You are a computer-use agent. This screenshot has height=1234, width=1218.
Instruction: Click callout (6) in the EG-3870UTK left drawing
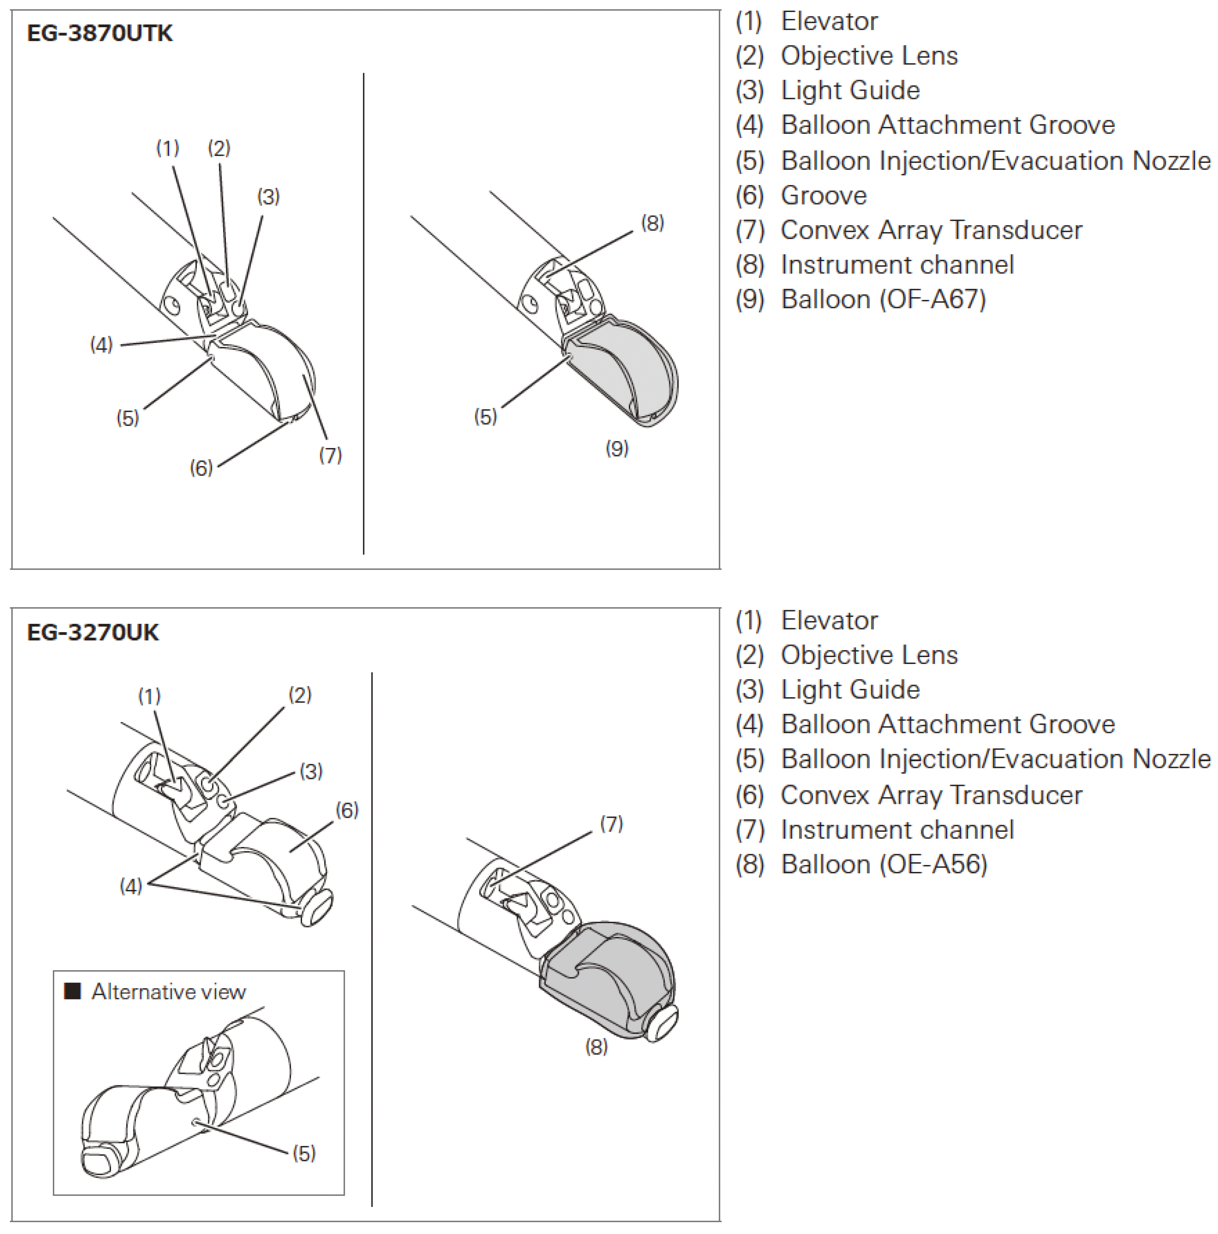point(201,468)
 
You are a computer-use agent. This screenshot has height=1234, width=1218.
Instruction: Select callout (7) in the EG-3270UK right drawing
point(611,824)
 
